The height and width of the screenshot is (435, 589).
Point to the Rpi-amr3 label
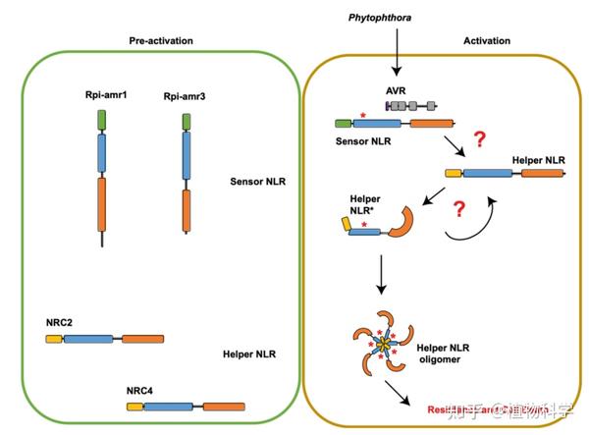[185, 98]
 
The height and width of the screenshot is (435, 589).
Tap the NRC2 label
[60, 322]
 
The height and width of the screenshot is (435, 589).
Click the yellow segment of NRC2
[55, 338]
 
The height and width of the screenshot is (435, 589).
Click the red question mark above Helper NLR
[480, 138]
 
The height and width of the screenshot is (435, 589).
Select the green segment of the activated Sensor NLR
[344, 124]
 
